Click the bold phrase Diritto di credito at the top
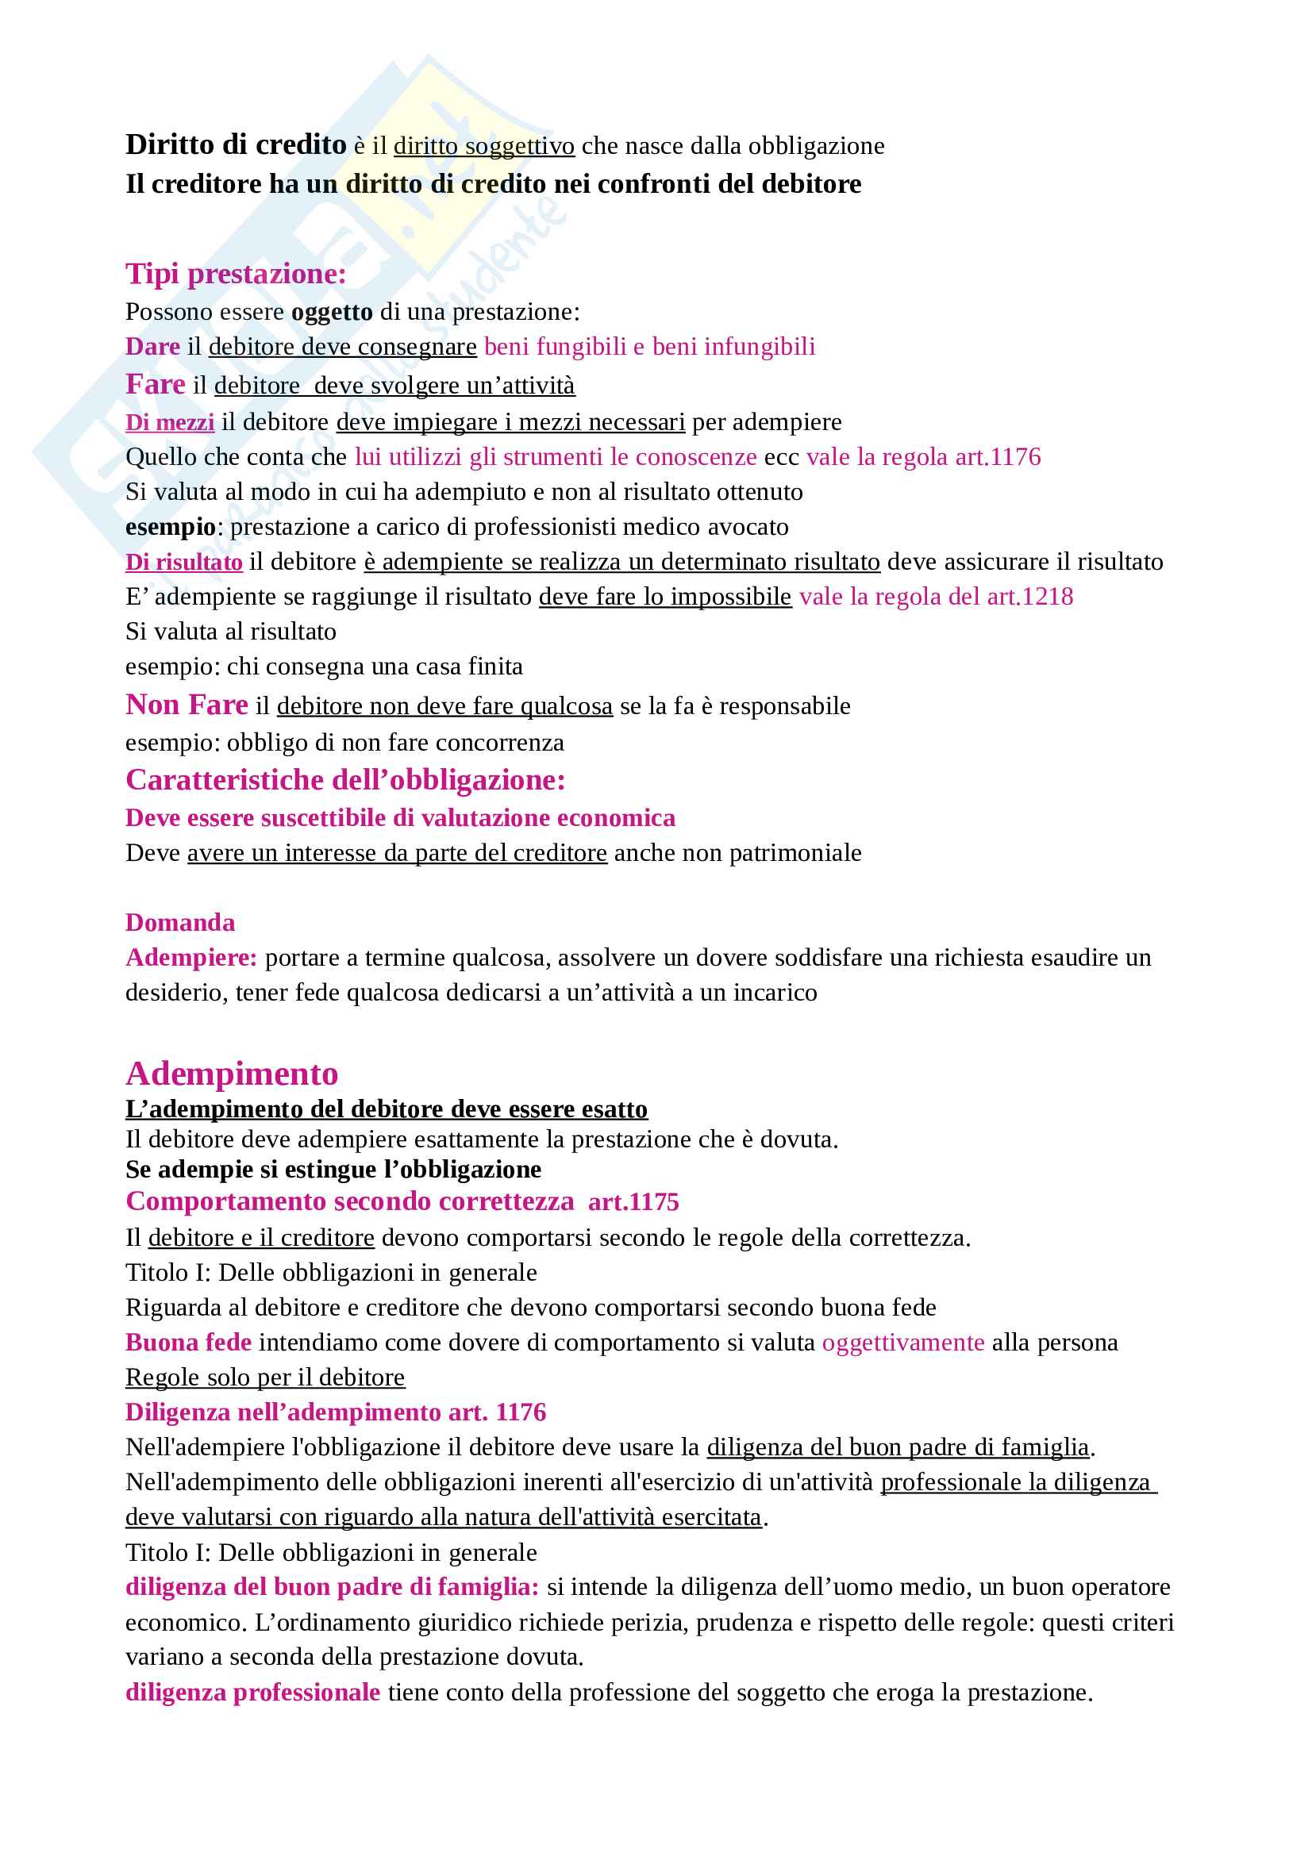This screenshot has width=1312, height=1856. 235,144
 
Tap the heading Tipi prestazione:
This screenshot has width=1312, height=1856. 235,274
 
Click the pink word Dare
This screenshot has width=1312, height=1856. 152,347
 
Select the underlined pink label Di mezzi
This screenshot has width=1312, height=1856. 170,422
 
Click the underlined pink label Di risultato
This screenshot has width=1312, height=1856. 183,562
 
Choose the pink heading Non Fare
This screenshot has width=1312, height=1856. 187,705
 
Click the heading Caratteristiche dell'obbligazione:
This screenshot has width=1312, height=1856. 345,780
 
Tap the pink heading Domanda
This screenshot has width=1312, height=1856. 180,922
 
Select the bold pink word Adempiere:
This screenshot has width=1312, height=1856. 190,958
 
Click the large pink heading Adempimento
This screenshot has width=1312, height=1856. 232,1074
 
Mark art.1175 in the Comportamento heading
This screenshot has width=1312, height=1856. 633,1202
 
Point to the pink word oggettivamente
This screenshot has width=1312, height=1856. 903,1343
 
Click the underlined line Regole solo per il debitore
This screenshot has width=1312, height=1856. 265,1378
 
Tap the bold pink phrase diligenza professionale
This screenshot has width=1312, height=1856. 252,1693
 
